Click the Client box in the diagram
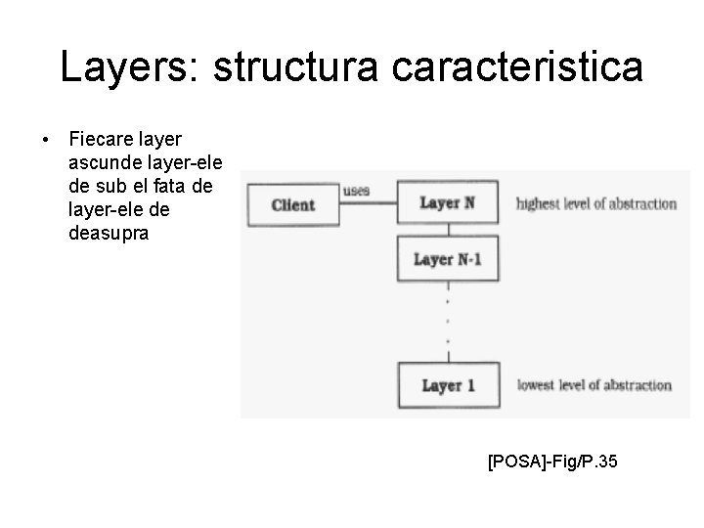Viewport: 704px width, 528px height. pyautogui.click(x=292, y=204)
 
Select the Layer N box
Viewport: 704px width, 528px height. pyautogui.click(x=448, y=203)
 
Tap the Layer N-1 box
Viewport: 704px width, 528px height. pyautogui.click(x=448, y=259)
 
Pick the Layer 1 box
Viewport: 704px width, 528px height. pyautogui.click(x=448, y=384)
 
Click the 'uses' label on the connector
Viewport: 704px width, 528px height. pyautogui.click(x=356, y=192)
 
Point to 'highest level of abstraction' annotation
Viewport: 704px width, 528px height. pyautogui.click(x=595, y=204)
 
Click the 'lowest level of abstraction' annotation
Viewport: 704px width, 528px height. pyautogui.click(x=594, y=385)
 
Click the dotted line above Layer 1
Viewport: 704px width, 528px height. pyautogui.click(x=448, y=323)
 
